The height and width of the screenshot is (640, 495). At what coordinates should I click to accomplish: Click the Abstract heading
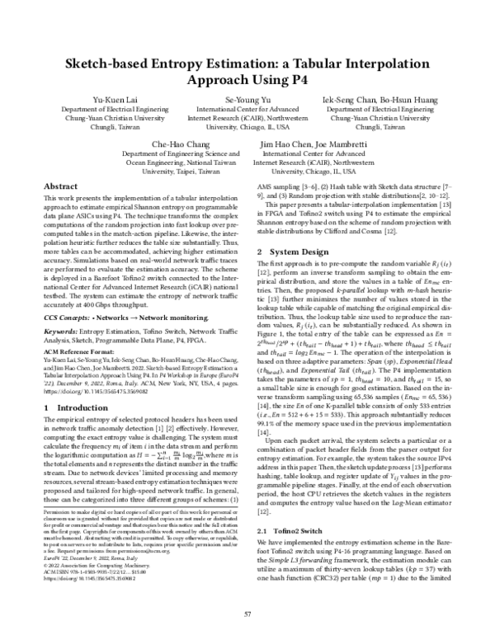[x=60, y=187]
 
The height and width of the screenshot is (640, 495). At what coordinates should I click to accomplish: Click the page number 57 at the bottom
[x=247, y=614]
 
